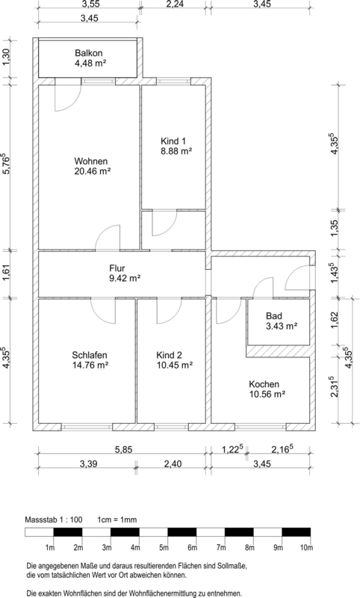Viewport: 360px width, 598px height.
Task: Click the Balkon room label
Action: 88,53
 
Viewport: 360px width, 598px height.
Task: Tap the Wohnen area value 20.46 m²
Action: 93,171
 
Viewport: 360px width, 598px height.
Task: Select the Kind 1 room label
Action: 173,141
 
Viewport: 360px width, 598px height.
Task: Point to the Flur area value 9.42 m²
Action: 125,278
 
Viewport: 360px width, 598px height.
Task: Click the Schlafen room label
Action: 90,355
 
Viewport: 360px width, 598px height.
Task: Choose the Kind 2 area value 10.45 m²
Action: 175,366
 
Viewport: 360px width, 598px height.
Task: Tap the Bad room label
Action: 274,316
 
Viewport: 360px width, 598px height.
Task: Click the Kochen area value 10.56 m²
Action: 267,395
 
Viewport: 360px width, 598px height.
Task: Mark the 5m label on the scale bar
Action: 164,548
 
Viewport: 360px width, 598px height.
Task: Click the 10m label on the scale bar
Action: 306,548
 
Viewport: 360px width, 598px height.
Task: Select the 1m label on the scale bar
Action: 50,548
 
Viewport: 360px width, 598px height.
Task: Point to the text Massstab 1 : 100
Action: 54,520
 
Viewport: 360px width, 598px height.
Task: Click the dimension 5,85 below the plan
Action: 124,450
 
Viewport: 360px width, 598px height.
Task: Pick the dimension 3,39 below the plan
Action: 88,464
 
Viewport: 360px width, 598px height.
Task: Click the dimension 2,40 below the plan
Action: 173,464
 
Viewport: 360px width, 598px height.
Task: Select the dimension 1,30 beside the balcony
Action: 7,58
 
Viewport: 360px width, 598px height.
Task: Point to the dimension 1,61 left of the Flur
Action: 7,274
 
